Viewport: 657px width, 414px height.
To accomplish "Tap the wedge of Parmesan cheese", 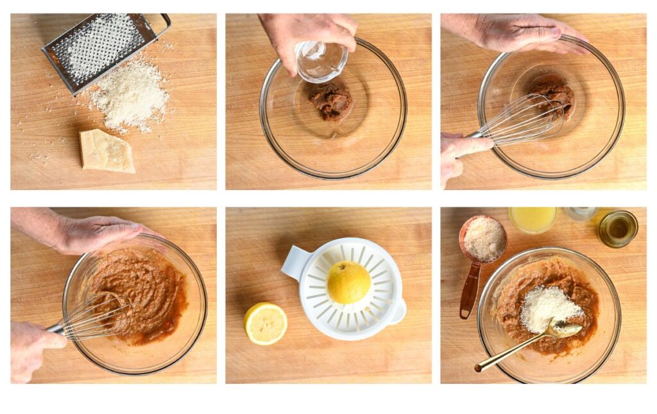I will (x=107, y=151).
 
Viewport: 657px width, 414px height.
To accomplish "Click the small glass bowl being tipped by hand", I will (x=321, y=60).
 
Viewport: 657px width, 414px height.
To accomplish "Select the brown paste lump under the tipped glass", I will (x=331, y=101).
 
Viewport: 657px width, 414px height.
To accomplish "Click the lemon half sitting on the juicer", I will (x=348, y=282).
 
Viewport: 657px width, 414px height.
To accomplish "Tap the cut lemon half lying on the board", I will (x=266, y=323).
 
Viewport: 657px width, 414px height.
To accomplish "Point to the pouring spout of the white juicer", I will (x=399, y=311).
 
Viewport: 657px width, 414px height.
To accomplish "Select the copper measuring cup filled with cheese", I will (x=484, y=239).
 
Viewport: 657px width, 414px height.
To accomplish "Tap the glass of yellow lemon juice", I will (x=533, y=220).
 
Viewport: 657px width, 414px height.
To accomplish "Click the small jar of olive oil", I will (x=618, y=229).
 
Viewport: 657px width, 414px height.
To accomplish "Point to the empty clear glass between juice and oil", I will (x=581, y=214).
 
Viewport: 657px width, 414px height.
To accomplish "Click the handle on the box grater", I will (x=160, y=22).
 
